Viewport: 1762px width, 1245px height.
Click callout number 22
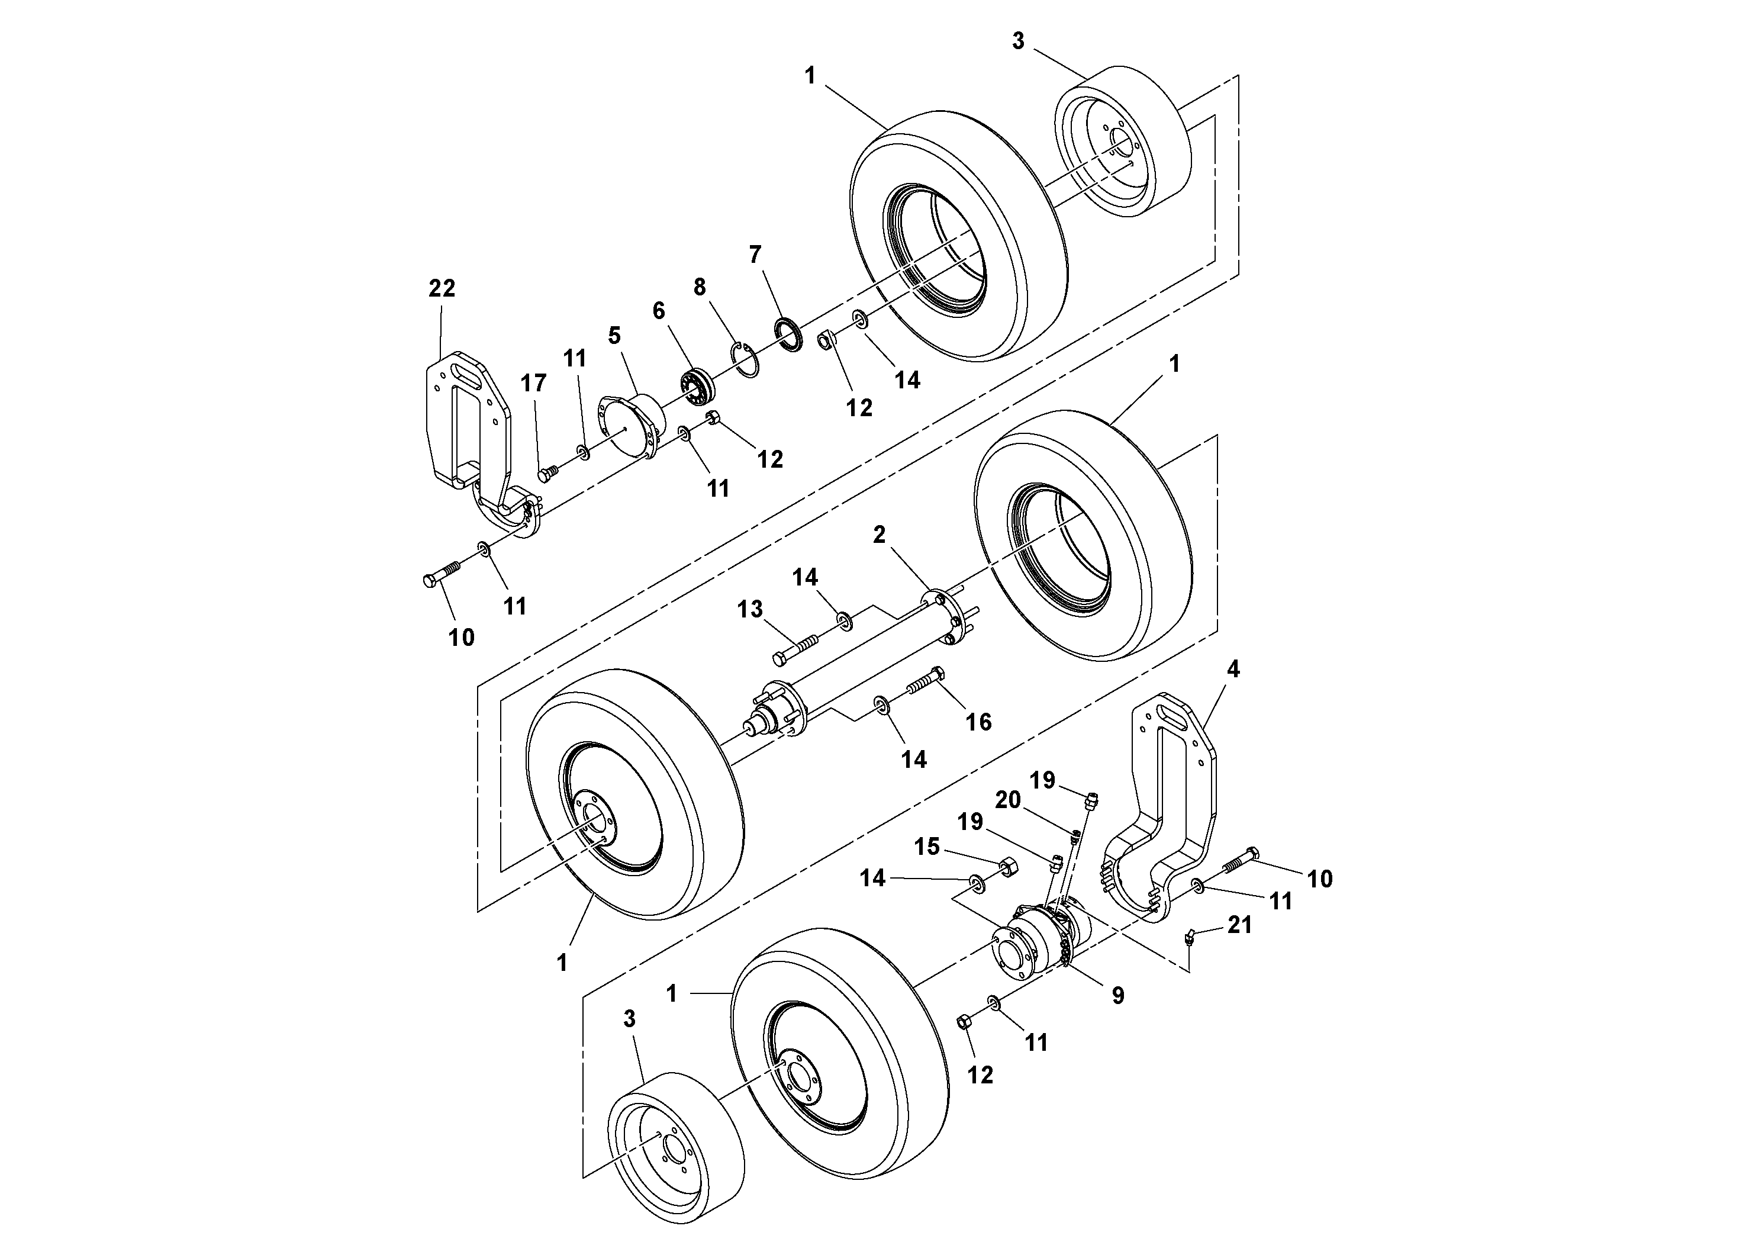(442, 289)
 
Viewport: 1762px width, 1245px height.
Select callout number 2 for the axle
(880, 535)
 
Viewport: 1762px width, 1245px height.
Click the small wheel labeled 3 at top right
(1125, 142)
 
